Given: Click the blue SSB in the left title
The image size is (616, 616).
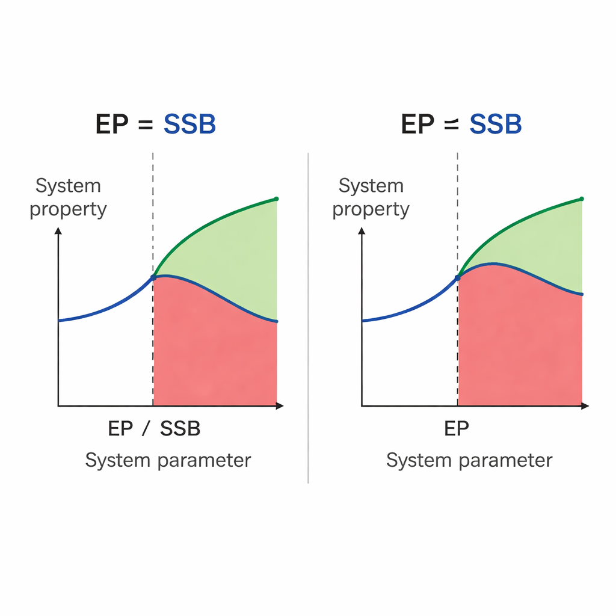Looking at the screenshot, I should [x=189, y=125].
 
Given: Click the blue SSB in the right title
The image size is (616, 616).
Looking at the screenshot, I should [x=495, y=125].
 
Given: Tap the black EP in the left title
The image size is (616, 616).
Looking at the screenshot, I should [x=113, y=125].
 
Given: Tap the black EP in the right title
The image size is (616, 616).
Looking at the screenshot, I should [x=418, y=125].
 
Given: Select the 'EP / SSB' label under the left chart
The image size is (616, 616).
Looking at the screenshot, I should [x=154, y=428].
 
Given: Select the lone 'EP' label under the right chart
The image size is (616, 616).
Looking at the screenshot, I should [x=457, y=428].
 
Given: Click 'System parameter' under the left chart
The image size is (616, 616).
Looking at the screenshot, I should [x=168, y=460].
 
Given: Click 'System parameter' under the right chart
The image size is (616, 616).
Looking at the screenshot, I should [x=469, y=460].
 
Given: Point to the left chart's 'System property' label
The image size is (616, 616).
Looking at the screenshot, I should [x=68, y=197].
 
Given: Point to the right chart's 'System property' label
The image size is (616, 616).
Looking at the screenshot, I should [x=371, y=197].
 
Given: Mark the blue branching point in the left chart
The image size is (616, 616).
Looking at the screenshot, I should [x=153, y=277].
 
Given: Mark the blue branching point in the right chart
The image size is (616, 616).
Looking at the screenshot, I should [x=458, y=277].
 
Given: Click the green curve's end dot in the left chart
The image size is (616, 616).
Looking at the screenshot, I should [x=276, y=199].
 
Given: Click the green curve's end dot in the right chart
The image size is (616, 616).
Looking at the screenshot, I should [x=582, y=199].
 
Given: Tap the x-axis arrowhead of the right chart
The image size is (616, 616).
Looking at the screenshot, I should [x=585, y=407].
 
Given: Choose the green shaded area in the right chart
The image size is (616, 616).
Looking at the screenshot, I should [x=541, y=247].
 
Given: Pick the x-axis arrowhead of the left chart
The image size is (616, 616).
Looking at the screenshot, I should [x=280, y=407].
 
